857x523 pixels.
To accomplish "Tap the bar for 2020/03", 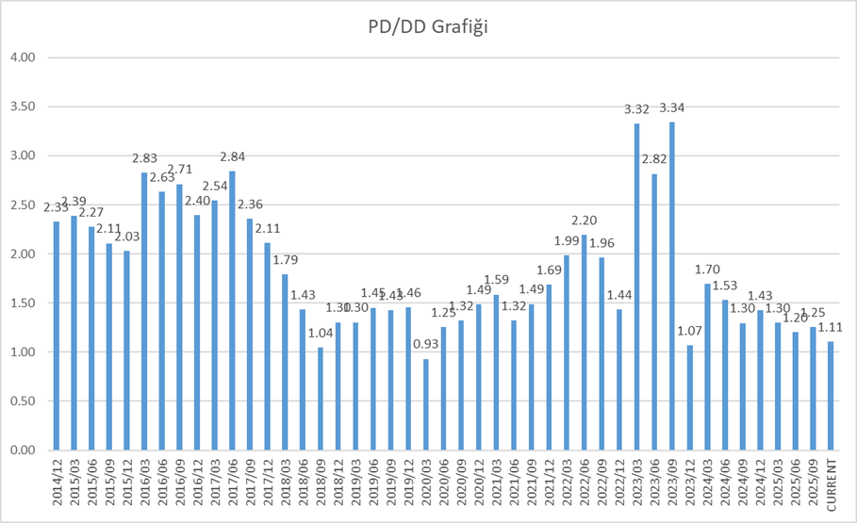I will pyautogui.click(x=426, y=404).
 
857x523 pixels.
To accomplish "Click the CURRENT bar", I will pyautogui.click(x=831, y=396).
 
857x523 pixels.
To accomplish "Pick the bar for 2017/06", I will pyautogui.click(x=232, y=310).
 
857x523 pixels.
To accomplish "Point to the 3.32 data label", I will pyautogui.click(x=636, y=109).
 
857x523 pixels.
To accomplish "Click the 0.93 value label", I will pyautogui.click(x=426, y=345).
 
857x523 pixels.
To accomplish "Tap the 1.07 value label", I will pyautogui.click(x=689, y=331).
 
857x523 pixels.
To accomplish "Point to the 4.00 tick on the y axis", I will pyautogui.click(x=21, y=57).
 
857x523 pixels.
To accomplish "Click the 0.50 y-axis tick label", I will pyautogui.click(x=21, y=400).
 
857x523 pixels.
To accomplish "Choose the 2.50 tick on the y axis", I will pyautogui.click(x=21, y=204).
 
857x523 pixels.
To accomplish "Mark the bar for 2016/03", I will pyautogui.click(x=145, y=311).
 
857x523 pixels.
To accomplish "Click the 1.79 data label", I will pyautogui.click(x=286, y=260).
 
